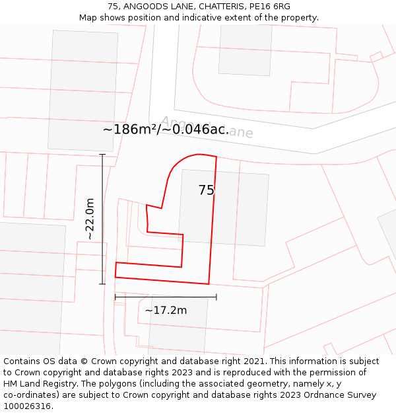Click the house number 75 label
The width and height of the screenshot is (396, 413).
tap(206, 190)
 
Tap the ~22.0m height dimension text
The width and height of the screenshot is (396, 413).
tap(90, 219)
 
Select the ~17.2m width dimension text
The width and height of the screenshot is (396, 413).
tap(166, 310)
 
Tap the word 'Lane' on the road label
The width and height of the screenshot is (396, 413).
tap(237, 132)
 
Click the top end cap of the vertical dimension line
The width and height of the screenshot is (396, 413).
tap(102, 154)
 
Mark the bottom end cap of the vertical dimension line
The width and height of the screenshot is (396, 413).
tap(102, 284)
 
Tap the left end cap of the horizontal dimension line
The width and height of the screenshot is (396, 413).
tap(115, 297)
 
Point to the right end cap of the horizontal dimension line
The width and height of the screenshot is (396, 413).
tap(216, 297)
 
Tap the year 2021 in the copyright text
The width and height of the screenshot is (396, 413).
tap(255, 361)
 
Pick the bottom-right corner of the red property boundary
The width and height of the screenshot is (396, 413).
tap(209, 283)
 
